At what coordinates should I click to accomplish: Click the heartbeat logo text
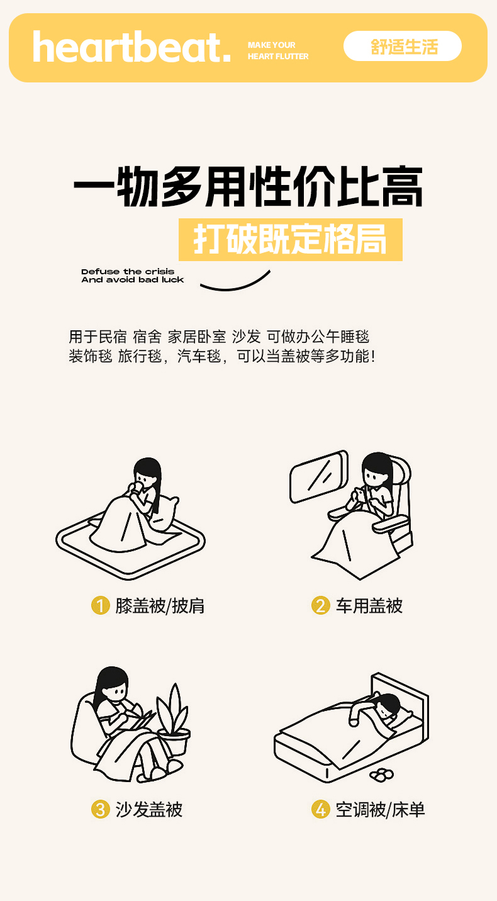coord(131,47)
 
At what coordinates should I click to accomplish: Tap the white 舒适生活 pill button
coord(403,47)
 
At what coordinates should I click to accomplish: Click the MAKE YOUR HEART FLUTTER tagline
coord(278,51)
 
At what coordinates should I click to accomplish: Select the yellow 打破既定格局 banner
coord(290,240)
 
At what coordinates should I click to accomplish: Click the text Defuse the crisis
coord(128,272)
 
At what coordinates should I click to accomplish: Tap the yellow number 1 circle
coord(101,605)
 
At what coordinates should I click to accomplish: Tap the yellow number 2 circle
coord(321,605)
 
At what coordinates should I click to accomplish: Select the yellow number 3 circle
coord(101,809)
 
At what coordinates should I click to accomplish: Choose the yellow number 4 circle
coord(321,809)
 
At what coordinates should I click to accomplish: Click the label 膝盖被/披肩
coord(160,606)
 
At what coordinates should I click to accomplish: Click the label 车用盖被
coord(369,606)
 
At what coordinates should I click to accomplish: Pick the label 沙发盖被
coord(149,809)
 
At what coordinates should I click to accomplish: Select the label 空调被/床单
coord(381,809)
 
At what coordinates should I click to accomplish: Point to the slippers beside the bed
coord(382,775)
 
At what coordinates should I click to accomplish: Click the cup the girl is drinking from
coord(137,488)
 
